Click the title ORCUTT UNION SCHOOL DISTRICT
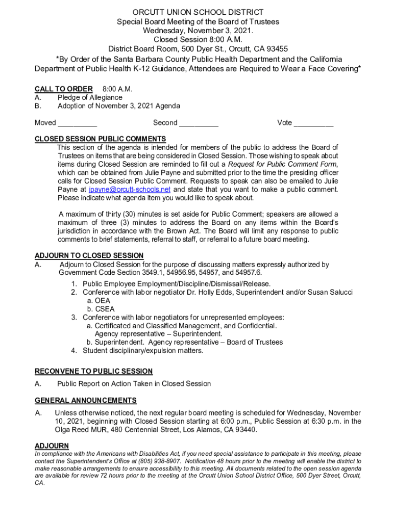(x=198, y=12)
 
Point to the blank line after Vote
(x=314, y=123)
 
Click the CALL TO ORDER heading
(x=63, y=89)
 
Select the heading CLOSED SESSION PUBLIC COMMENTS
(x=100, y=139)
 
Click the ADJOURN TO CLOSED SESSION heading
(x=89, y=256)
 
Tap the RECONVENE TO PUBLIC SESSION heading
(x=93, y=372)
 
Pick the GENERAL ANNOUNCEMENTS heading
(x=85, y=401)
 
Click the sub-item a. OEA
(x=99, y=301)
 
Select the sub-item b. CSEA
(x=101, y=309)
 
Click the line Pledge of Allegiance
(x=90, y=97)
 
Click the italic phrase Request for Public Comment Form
(x=282, y=164)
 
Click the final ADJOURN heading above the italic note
(x=52, y=446)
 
